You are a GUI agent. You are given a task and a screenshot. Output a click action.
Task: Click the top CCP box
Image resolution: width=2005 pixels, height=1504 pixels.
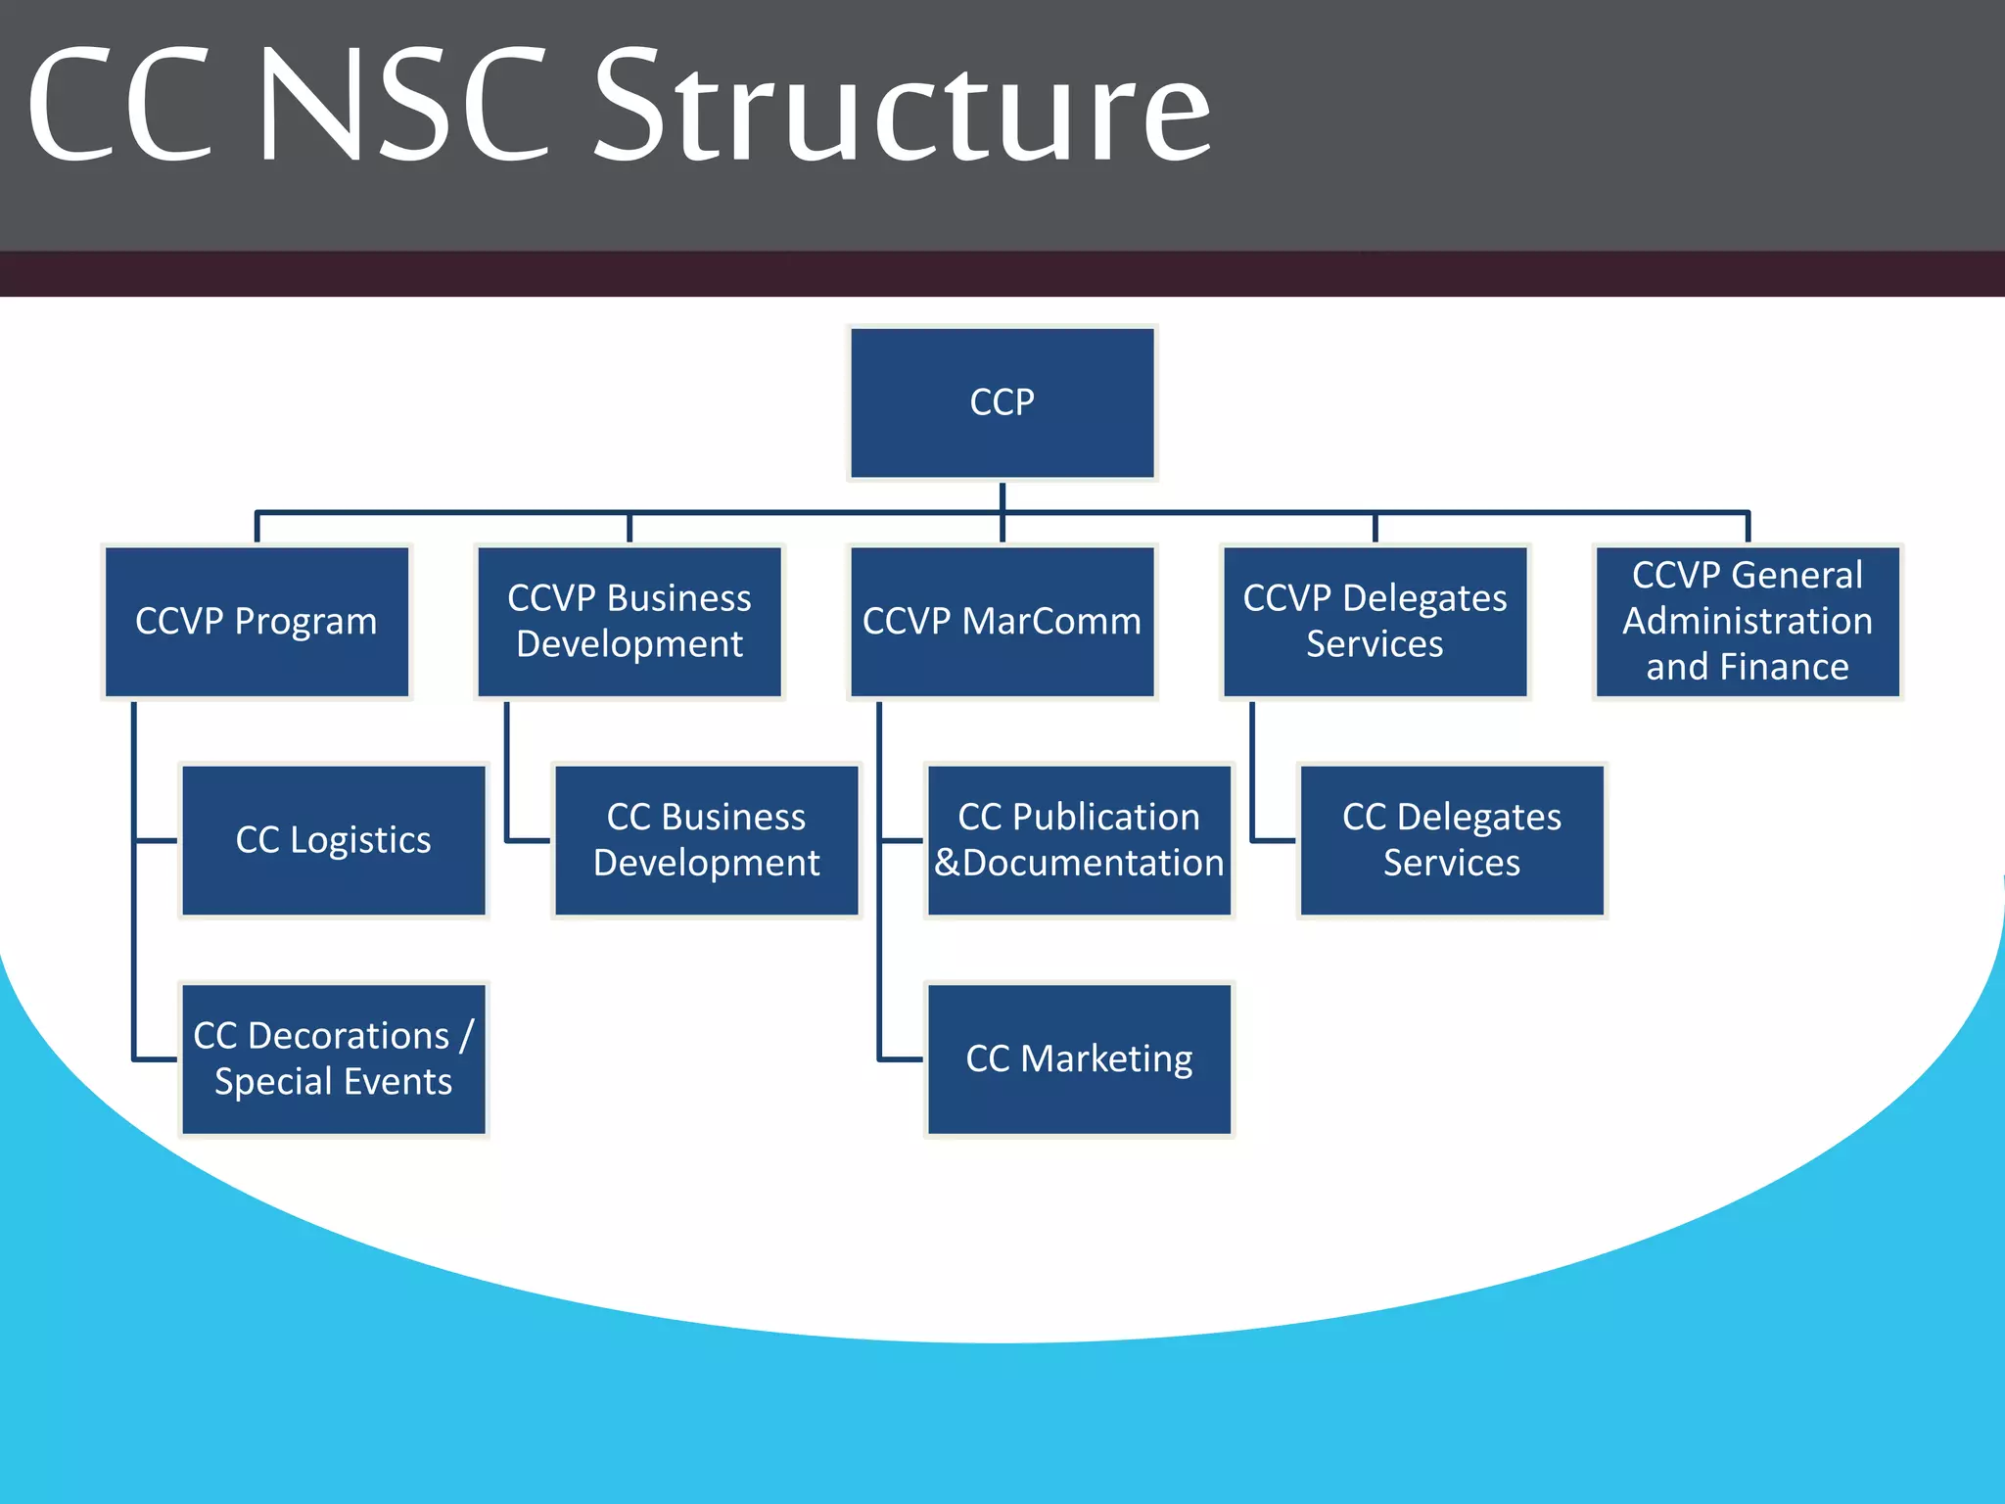point(1002,402)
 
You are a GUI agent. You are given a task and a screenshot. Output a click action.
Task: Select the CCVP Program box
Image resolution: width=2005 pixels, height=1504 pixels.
point(256,622)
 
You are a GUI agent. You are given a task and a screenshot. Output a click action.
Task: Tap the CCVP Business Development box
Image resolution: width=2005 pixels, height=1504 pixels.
point(629,622)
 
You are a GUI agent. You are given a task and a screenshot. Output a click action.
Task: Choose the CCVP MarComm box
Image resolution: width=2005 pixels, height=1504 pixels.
point(1002,622)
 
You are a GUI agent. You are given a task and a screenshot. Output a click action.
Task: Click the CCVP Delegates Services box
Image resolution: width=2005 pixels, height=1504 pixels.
point(1375,622)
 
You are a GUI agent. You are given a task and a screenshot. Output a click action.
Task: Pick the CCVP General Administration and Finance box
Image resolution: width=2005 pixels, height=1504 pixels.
point(1748,622)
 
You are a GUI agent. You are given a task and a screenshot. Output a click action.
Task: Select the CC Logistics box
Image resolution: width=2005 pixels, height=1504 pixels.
point(334,840)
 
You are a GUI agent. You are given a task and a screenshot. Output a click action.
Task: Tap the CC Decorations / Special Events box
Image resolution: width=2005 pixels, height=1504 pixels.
point(334,1059)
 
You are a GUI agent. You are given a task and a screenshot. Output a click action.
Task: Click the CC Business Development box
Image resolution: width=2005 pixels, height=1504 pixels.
point(706,840)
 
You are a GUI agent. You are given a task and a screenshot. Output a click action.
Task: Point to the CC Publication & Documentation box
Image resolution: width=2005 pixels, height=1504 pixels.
point(1079,840)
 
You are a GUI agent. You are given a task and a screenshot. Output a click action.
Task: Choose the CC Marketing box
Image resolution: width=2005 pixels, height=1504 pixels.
point(1079,1059)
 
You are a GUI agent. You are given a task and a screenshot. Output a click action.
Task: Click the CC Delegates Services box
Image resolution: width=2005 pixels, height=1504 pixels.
point(1452,840)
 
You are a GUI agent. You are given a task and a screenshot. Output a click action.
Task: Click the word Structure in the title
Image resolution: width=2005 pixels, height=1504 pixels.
point(903,108)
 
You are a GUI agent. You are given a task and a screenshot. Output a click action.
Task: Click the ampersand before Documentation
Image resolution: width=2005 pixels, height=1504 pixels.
point(947,864)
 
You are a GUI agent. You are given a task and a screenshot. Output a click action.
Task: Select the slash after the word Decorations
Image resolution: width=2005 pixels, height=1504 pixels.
point(466,1036)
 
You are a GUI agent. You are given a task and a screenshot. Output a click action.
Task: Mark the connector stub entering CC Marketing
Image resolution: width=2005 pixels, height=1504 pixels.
point(901,1059)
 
